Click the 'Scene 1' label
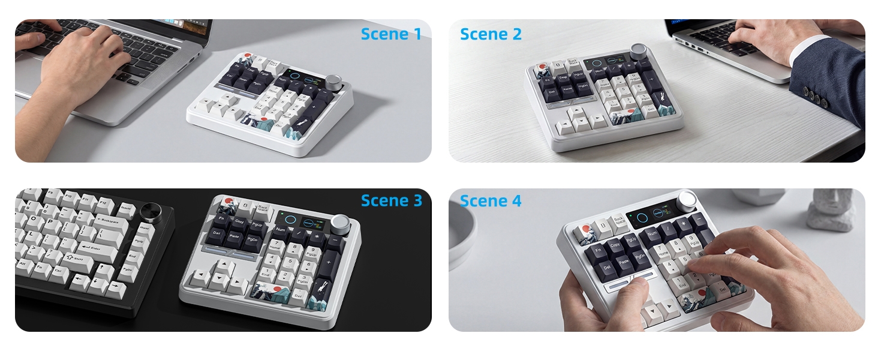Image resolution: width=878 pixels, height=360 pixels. point(391,34)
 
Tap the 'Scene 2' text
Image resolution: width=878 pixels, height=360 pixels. point(491,34)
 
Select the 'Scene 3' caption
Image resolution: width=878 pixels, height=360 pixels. point(391,200)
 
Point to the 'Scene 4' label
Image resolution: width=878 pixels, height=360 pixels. point(491,200)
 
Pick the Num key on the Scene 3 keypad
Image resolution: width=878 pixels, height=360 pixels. point(281,229)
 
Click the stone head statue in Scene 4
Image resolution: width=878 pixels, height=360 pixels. point(831,210)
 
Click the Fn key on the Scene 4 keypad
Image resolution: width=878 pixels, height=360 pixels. point(597,249)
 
